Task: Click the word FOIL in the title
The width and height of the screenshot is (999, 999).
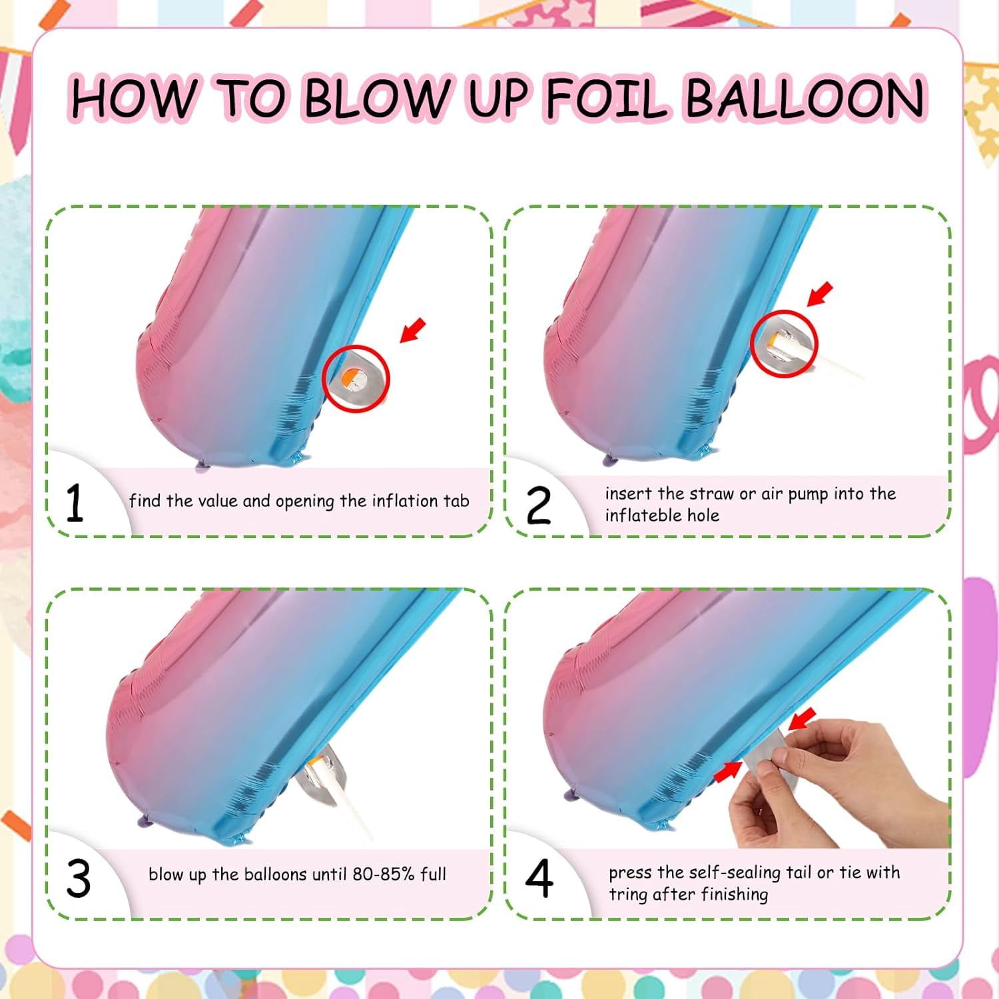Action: tap(605, 98)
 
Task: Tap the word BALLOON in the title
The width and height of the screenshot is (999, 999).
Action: tap(805, 98)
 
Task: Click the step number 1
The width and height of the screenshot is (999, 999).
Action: tap(75, 503)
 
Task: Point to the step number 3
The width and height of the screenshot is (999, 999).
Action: tap(79, 879)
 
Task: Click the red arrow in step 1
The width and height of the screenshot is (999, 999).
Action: tap(412, 330)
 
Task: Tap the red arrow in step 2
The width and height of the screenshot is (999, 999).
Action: tap(820, 294)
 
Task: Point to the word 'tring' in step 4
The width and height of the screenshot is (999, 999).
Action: tap(628, 894)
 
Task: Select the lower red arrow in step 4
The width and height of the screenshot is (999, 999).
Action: tap(727, 771)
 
